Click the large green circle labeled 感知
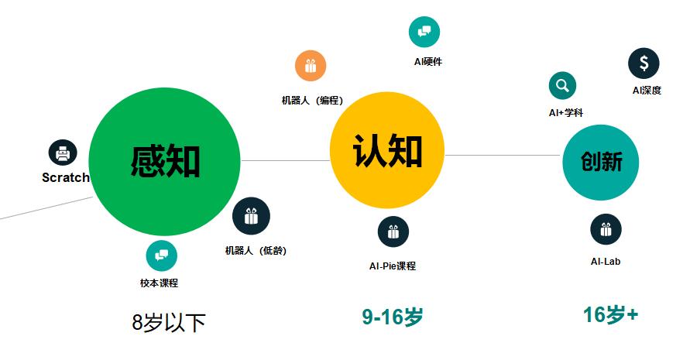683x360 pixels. click(x=164, y=161)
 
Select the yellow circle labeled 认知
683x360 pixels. click(x=387, y=150)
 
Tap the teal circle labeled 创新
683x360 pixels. click(x=601, y=162)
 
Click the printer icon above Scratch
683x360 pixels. click(x=63, y=153)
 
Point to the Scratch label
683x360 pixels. click(x=66, y=177)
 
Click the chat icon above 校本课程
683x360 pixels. click(x=162, y=255)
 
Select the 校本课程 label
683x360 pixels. click(x=160, y=283)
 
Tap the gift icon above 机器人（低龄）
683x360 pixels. click(x=251, y=216)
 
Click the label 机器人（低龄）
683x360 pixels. click(x=256, y=251)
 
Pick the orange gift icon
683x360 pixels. click(x=311, y=66)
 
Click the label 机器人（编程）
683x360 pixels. click(x=312, y=101)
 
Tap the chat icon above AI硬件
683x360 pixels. click(x=424, y=32)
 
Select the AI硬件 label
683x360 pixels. click(x=428, y=62)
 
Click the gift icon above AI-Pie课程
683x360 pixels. click(x=393, y=231)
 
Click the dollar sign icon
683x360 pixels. click(x=644, y=63)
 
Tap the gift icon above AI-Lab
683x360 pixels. click(x=606, y=229)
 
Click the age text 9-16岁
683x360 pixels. click(x=393, y=317)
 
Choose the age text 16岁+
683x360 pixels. click(x=610, y=315)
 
